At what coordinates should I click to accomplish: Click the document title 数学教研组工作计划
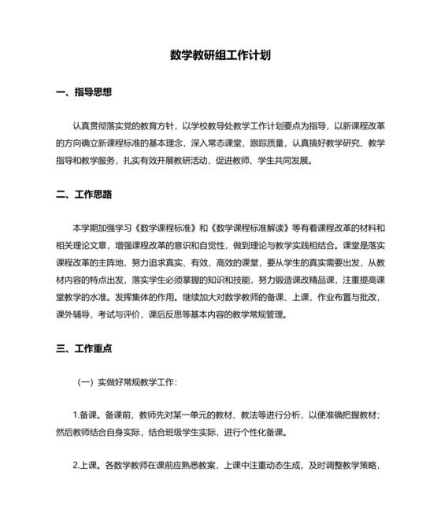coord(220,56)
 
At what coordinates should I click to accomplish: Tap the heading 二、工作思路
coord(84,194)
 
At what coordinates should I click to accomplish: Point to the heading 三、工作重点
coord(84,347)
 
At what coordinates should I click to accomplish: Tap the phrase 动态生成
coord(277,465)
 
